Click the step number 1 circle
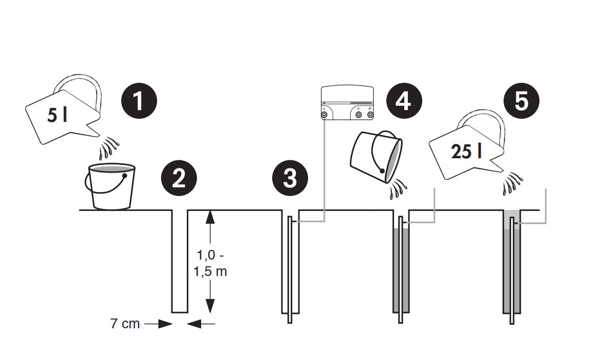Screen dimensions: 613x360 point(139,101)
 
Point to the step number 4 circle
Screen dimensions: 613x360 point(404,101)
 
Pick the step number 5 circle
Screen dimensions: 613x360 point(521,101)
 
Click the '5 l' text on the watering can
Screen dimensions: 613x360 point(57,115)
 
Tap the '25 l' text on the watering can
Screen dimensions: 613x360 point(466,152)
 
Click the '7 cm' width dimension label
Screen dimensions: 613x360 point(125,324)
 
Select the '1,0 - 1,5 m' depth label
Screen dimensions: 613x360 point(210,263)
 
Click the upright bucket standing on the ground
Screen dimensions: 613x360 point(110,186)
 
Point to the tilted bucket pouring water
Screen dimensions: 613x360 point(376,157)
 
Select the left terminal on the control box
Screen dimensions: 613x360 point(324,115)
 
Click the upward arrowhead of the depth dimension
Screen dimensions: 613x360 point(210,217)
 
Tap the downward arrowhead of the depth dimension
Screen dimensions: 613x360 point(210,306)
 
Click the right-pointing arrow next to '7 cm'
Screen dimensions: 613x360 point(158,324)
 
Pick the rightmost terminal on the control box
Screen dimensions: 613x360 point(370,115)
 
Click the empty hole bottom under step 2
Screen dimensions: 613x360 point(180,312)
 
